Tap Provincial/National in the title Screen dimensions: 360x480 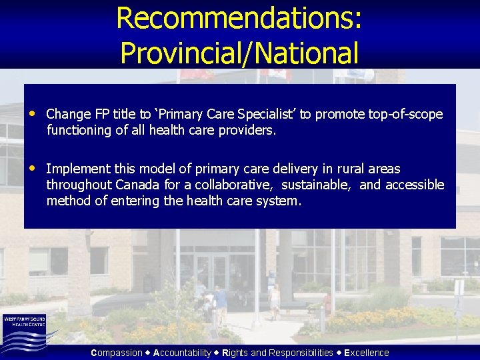point(239,53)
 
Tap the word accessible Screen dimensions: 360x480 point(413,185)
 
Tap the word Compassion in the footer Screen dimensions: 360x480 point(117,353)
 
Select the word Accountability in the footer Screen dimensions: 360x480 point(182,353)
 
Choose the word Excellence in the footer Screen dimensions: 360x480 point(367,353)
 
